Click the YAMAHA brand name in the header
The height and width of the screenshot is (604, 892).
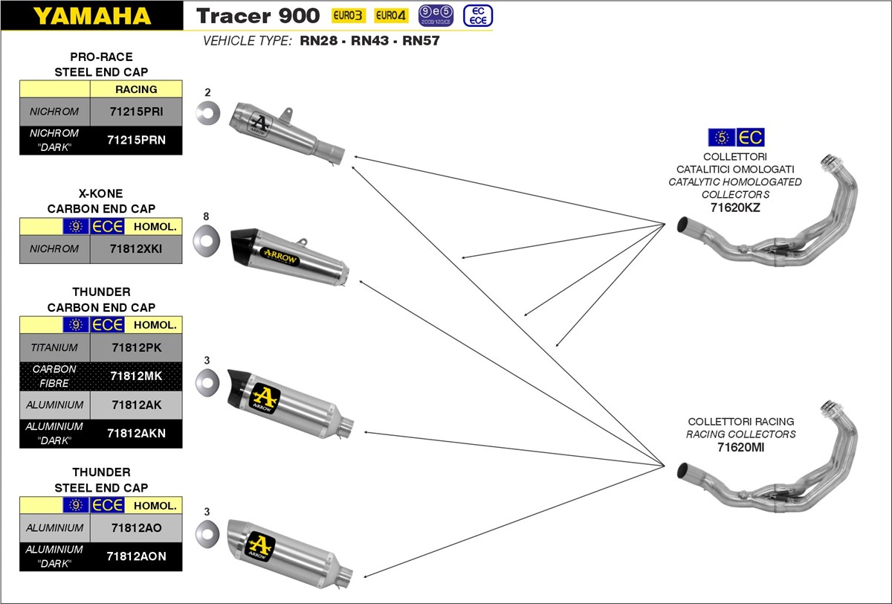click(x=91, y=16)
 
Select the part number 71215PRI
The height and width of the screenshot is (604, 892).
click(x=135, y=112)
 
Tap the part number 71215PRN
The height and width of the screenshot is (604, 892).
click(x=135, y=140)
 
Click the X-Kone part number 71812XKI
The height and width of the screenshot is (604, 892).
click(x=135, y=249)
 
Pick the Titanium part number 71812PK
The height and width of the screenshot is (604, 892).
click(x=135, y=347)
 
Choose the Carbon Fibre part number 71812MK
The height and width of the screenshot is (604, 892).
click(x=135, y=376)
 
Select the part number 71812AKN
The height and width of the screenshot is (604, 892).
click(x=135, y=434)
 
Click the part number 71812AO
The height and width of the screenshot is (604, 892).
click(x=135, y=527)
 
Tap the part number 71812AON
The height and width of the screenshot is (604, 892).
click(x=135, y=556)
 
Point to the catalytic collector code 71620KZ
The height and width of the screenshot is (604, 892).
click(x=735, y=208)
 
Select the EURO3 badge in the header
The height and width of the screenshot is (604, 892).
click(x=349, y=16)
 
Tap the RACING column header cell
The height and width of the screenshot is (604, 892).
click(x=136, y=89)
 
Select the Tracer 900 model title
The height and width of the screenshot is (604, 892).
click(x=258, y=16)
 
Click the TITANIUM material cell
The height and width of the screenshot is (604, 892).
click(x=54, y=347)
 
